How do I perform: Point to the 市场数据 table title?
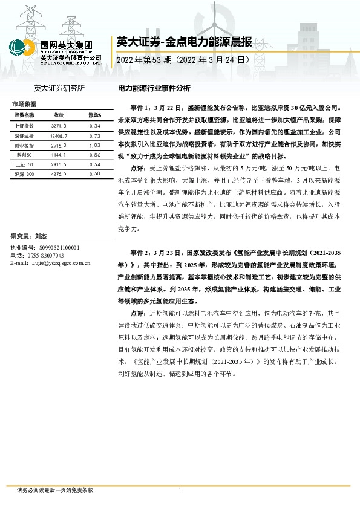point(24,104)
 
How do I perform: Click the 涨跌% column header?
point(94,114)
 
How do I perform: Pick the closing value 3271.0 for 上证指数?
point(59,125)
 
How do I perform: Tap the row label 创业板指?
point(24,146)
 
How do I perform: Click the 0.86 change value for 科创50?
point(94,155)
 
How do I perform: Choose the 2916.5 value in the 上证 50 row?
point(59,164)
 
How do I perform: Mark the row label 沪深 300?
point(24,174)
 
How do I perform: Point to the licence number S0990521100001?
point(63,248)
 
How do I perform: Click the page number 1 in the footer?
point(180,490)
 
